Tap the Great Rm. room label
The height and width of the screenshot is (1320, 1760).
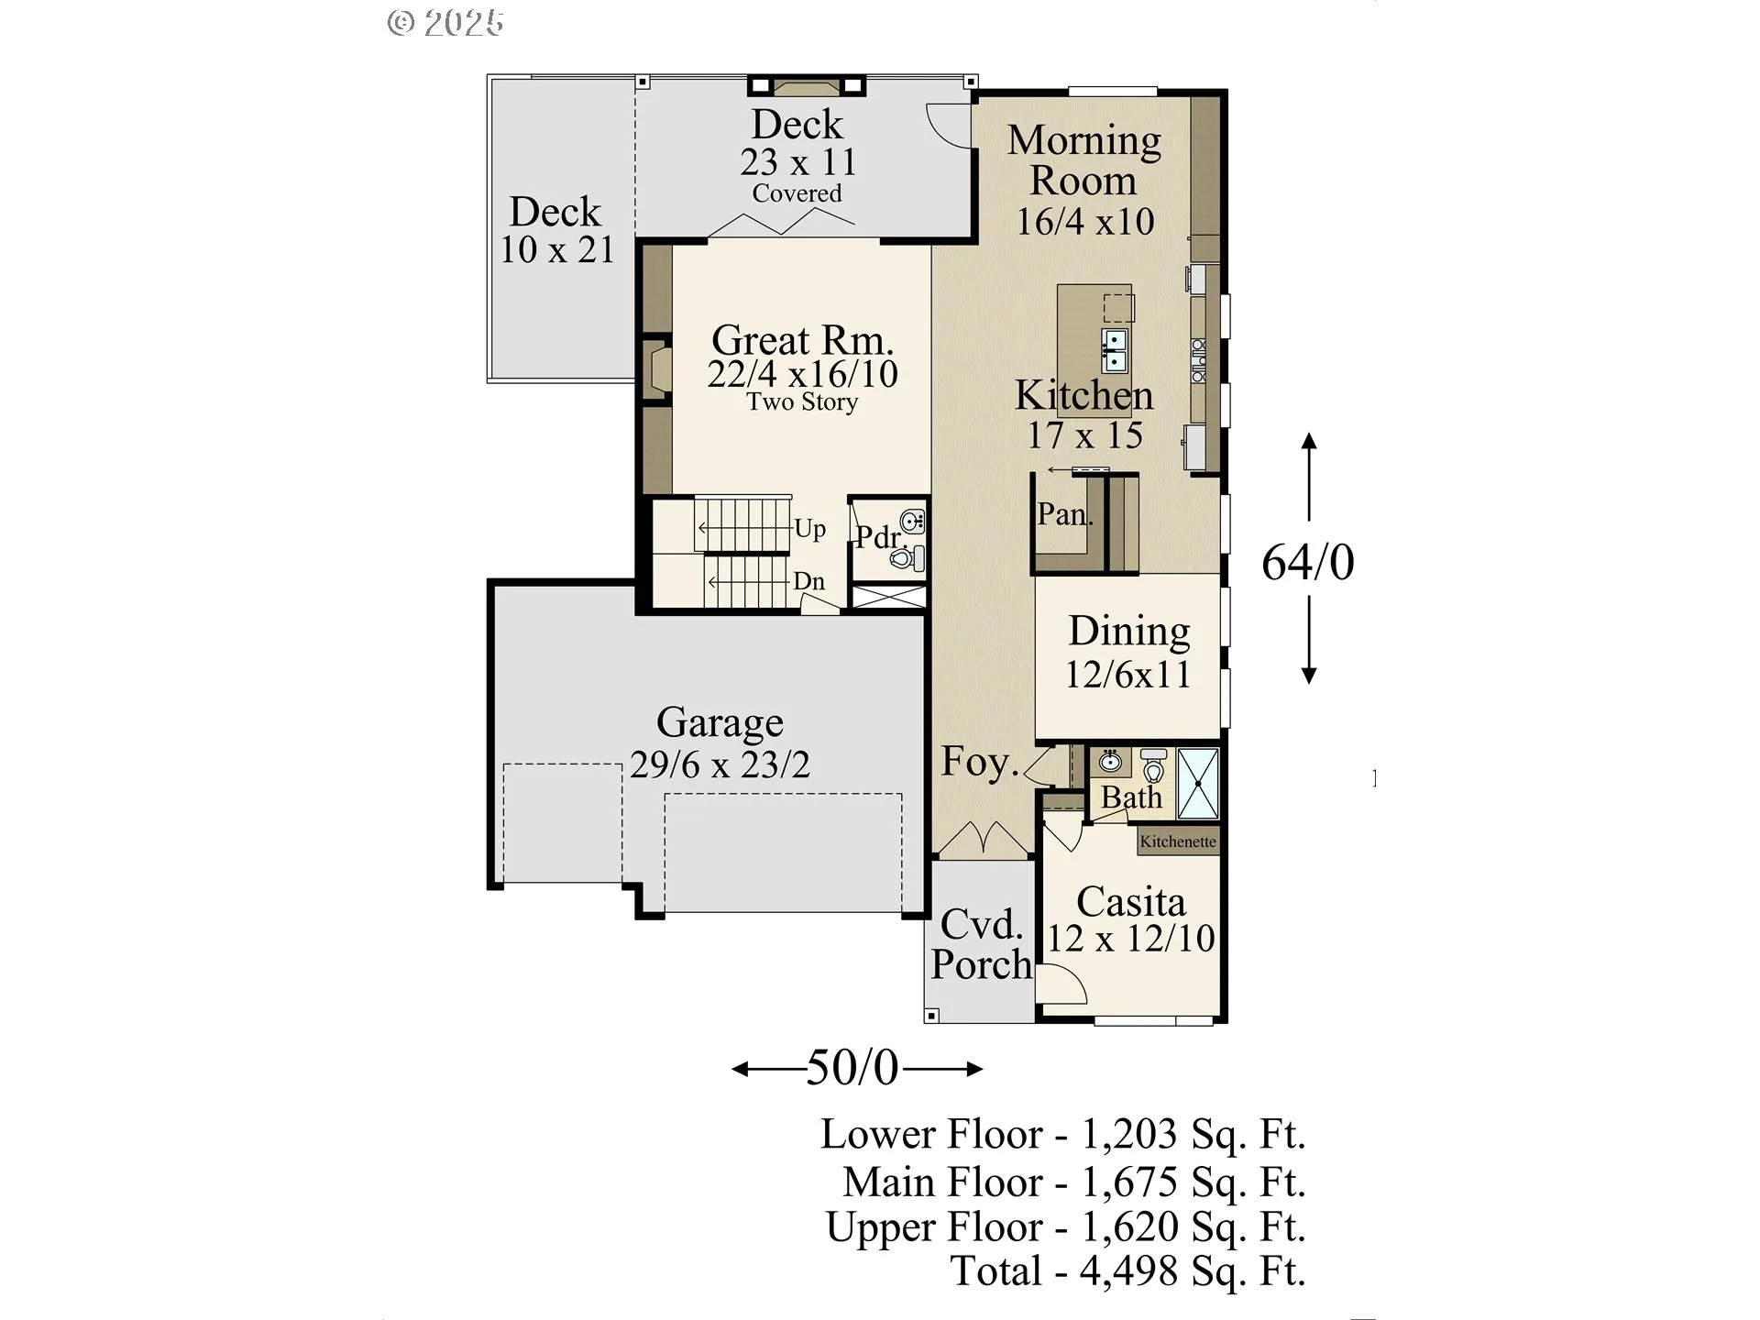pyautogui.click(x=802, y=340)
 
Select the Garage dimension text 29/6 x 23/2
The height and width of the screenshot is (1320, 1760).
pyautogui.click(x=720, y=764)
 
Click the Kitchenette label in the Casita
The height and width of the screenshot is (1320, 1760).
pyautogui.click(x=1178, y=841)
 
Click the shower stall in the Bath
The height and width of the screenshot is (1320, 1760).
pyautogui.click(x=1198, y=783)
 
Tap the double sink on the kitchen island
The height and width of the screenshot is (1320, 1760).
pyautogui.click(x=1115, y=351)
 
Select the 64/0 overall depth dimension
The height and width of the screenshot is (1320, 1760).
pyautogui.click(x=1308, y=562)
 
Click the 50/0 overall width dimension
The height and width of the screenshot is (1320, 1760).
pyautogui.click(x=852, y=1068)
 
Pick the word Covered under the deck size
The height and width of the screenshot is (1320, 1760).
pyautogui.click(x=797, y=193)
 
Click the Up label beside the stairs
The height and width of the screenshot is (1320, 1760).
pyautogui.click(x=809, y=529)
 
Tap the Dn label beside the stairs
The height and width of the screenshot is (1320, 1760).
pyautogui.click(x=808, y=581)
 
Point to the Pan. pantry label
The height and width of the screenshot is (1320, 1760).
pyautogui.click(x=1065, y=514)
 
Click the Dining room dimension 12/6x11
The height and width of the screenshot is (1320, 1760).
pyautogui.click(x=1127, y=675)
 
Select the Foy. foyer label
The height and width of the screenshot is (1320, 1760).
pyautogui.click(x=980, y=762)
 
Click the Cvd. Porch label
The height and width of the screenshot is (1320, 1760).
pyautogui.click(x=982, y=944)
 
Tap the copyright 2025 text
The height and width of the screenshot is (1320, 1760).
pyautogui.click(x=445, y=23)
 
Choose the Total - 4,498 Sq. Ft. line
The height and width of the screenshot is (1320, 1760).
pyautogui.click(x=1127, y=1271)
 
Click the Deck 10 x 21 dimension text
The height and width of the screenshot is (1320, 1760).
pyautogui.click(x=556, y=249)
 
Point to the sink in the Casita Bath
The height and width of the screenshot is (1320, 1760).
pyautogui.click(x=1111, y=761)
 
